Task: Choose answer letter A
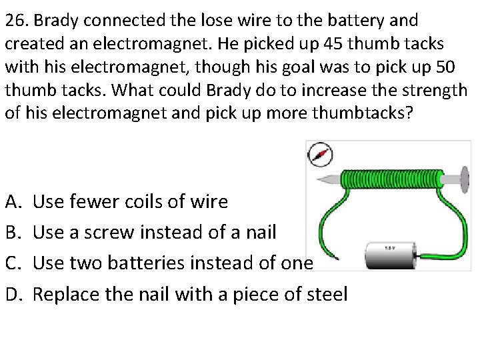[x=11, y=201]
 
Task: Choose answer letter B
[x=11, y=231]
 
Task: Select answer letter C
[x=11, y=262]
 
